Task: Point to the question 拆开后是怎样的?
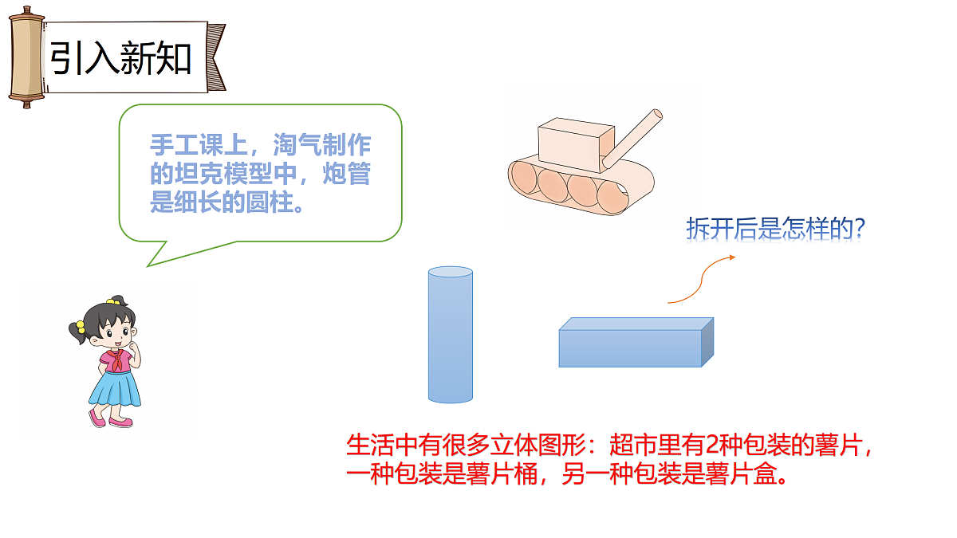(x=776, y=229)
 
